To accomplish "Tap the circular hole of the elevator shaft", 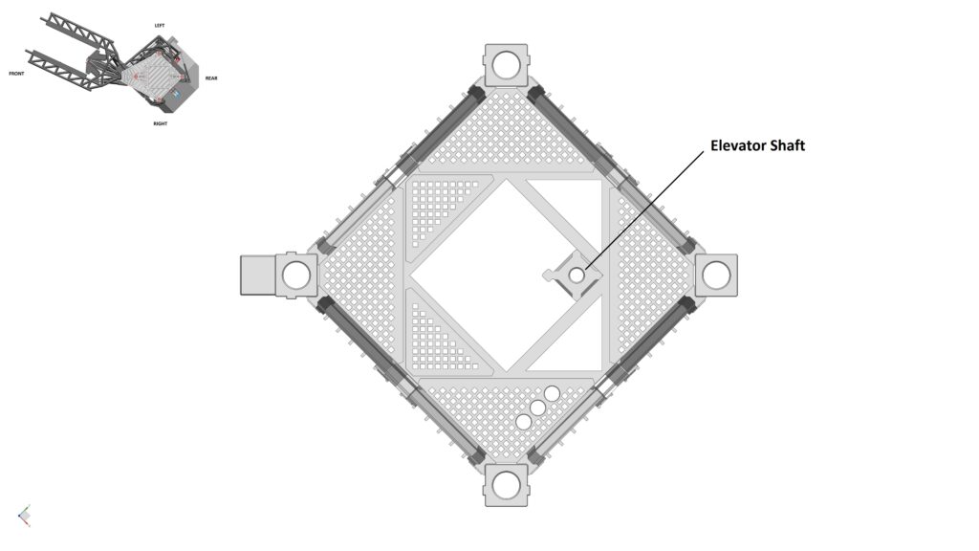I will (x=577, y=275).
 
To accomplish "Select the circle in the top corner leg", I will (x=507, y=64).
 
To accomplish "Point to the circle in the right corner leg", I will (x=716, y=275).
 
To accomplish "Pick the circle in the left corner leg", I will (x=296, y=275).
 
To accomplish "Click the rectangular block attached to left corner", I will (x=258, y=275).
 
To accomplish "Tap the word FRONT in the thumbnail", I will (x=16, y=73).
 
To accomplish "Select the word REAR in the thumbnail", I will (x=210, y=78).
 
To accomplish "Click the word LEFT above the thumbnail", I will (x=160, y=25).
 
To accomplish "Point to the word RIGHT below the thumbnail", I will (x=161, y=123).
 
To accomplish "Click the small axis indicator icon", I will (x=24, y=516).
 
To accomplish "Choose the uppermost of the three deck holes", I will (x=552, y=393).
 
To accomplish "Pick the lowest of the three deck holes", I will (x=524, y=422).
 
